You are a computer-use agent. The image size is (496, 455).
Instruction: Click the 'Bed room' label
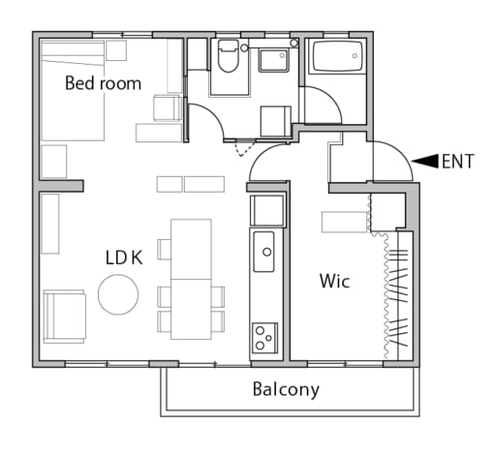click(x=103, y=83)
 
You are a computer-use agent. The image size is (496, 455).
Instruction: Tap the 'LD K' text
click(x=124, y=258)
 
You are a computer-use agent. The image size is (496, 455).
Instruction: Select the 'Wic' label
click(x=334, y=281)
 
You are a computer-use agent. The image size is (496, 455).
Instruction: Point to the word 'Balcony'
click(x=286, y=389)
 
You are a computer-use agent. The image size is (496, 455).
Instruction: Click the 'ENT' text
click(x=458, y=162)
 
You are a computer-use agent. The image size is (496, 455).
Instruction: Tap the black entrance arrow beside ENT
click(x=425, y=162)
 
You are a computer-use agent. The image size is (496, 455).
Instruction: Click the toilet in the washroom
click(x=228, y=56)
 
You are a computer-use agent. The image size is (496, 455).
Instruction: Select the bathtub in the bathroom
click(x=337, y=57)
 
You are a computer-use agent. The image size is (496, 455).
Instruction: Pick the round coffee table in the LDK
click(x=118, y=294)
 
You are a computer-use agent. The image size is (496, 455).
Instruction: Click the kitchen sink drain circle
click(x=266, y=252)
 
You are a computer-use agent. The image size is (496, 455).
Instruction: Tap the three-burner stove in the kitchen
click(x=264, y=337)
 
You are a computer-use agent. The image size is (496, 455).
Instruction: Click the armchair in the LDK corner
click(x=65, y=317)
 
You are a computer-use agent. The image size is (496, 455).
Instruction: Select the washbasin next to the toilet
click(x=273, y=61)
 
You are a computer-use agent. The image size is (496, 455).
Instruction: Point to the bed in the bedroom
click(x=73, y=91)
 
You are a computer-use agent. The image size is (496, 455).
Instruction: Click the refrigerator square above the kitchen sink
click(x=266, y=210)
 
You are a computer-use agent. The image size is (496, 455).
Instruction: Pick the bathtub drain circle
click(x=355, y=56)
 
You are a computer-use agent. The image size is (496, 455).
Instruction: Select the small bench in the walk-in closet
click(x=344, y=222)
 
